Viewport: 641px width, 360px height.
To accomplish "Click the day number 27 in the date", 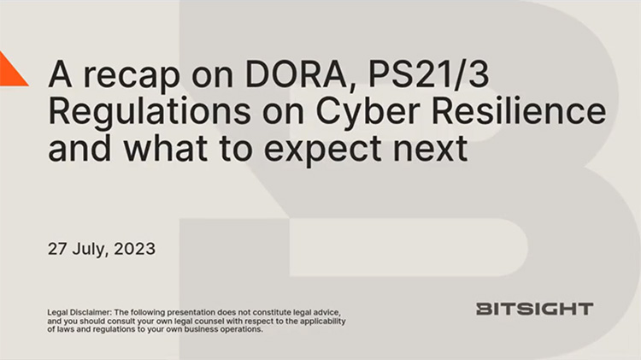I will (58, 250).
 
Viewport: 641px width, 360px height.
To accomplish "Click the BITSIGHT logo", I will (534, 309).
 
